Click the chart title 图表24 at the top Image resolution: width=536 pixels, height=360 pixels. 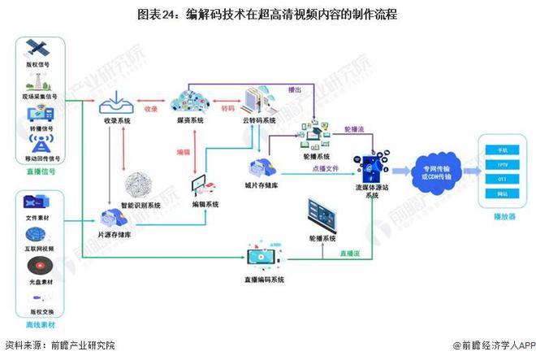click(x=268, y=15)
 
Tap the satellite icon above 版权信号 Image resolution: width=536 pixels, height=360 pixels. click(x=36, y=48)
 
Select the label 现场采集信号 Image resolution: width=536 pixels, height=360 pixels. click(x=37, y=96)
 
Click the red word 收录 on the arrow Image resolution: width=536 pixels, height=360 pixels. click(x=151, y=107)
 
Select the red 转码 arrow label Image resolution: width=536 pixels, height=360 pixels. click(x=227, y=107)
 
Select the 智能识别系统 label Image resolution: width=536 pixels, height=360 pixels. click(x=143, y=204)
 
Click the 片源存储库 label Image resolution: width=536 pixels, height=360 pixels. click(x=115, y=234)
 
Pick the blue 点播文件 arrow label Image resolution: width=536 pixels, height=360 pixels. click(x=321, y=169)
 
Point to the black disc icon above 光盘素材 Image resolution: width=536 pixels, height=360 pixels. click(x=37, y=266)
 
